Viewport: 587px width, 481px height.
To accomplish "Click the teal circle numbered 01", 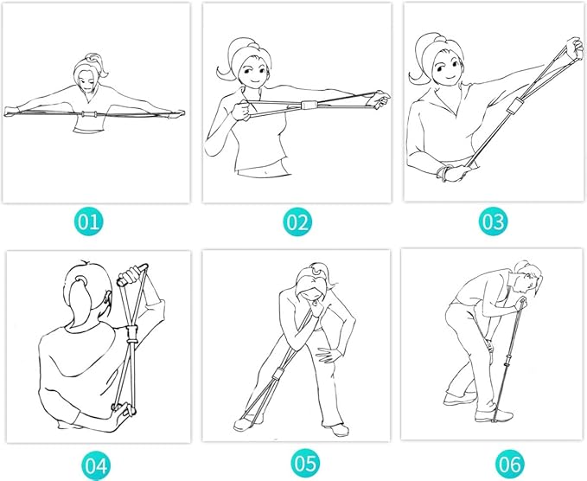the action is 88,221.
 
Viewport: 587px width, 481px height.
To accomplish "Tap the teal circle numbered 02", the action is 297,221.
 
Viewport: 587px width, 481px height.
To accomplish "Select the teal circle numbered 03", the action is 493,221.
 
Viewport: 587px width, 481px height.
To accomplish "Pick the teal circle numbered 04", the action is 96,465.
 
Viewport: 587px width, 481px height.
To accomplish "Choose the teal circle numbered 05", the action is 305,464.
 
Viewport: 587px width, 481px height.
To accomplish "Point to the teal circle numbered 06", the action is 510,464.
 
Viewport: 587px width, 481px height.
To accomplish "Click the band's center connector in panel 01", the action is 90,114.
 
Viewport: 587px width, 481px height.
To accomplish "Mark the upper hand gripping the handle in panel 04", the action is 131,275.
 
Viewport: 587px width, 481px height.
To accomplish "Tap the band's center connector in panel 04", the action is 131,335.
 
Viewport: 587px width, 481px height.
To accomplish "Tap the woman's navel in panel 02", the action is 266,173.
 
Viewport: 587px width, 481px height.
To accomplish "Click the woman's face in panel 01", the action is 86,81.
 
